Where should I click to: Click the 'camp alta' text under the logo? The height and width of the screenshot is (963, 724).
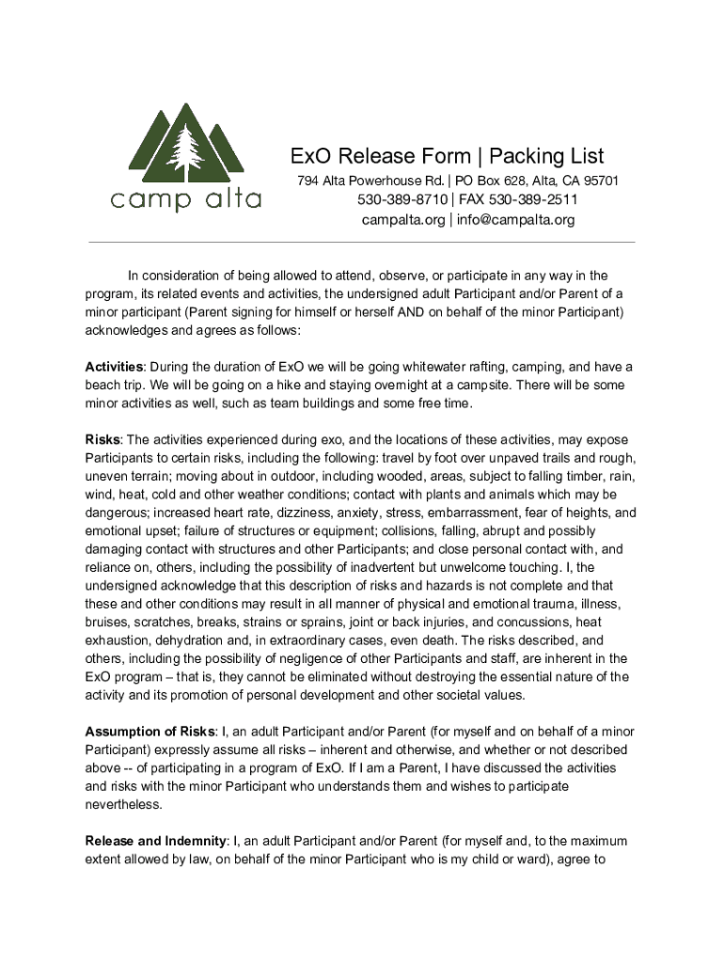click(185, 199)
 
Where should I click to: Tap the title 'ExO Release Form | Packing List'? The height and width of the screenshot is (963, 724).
click(447, 156)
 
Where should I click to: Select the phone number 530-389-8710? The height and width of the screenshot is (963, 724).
click(401, 200)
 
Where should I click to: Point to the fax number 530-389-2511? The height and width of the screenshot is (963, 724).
click(533, 200)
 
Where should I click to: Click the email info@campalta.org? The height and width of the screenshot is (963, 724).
click(516, 220)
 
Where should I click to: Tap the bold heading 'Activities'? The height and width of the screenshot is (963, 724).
click(115, 366)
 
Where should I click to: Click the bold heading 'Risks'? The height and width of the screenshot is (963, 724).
click(103, 440)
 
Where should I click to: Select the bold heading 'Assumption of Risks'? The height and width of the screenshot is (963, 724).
click(150, 732)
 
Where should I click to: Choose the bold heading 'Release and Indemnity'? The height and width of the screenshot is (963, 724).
click(156, 841)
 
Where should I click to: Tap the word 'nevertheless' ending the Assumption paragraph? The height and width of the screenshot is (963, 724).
click(123, 804)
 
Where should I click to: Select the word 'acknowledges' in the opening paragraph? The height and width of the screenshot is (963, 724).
click(126, 330)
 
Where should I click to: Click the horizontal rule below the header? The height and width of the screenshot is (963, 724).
click(362, 243)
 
